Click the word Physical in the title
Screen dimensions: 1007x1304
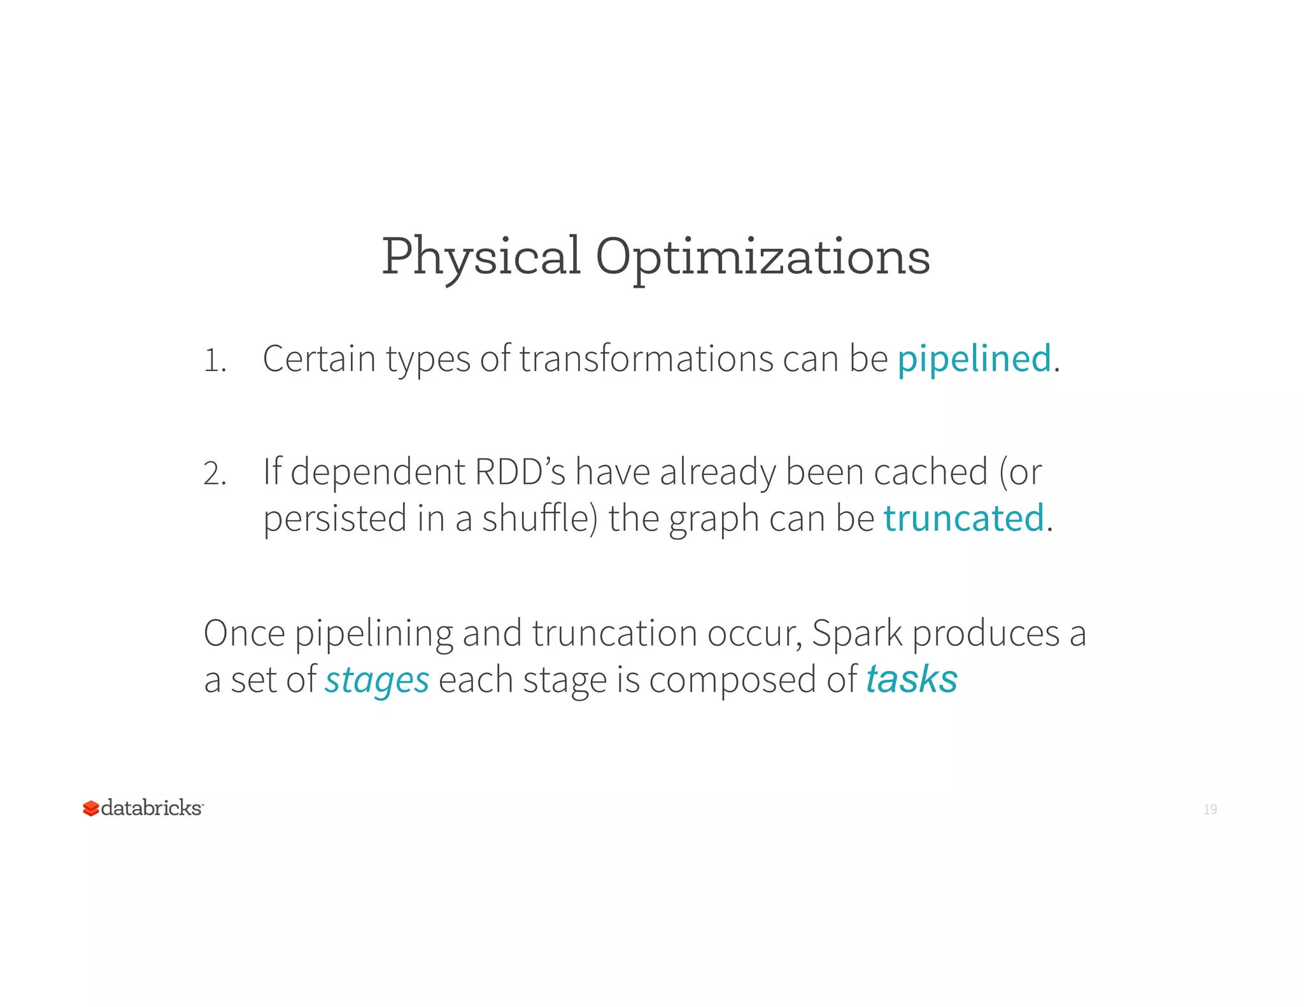(481, 257)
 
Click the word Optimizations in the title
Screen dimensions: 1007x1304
(763, 257)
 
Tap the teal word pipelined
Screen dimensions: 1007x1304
(974, 358)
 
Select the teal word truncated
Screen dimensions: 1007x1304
(963, 518)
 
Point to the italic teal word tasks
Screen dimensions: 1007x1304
(911, 679)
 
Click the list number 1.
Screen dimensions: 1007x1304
(214, 361)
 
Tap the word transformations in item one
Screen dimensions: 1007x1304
(646, 358)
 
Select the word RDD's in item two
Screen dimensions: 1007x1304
(520, 472)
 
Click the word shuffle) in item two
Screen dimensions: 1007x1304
(539, 518)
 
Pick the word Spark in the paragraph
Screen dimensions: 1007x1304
(857, 633)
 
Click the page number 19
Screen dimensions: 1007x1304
(1210, 809)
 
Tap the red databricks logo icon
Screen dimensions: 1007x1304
(91, 808)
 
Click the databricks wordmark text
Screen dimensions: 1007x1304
(152, 808)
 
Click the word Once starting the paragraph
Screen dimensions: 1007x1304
(244, 633)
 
